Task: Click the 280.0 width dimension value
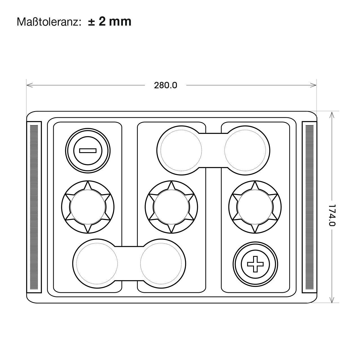pyautogui.click(x=166, y=85)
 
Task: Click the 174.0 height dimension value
pyautogui.click(x=332, y=215)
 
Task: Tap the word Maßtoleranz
pyautogui.click(x=49, y=22)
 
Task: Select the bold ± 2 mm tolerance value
pyautogui.click(x=110, y=22)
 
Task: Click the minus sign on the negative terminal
pyautogui.click(x=88, y=150)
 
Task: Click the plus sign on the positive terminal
pyautogui.click(x=255, y=264)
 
